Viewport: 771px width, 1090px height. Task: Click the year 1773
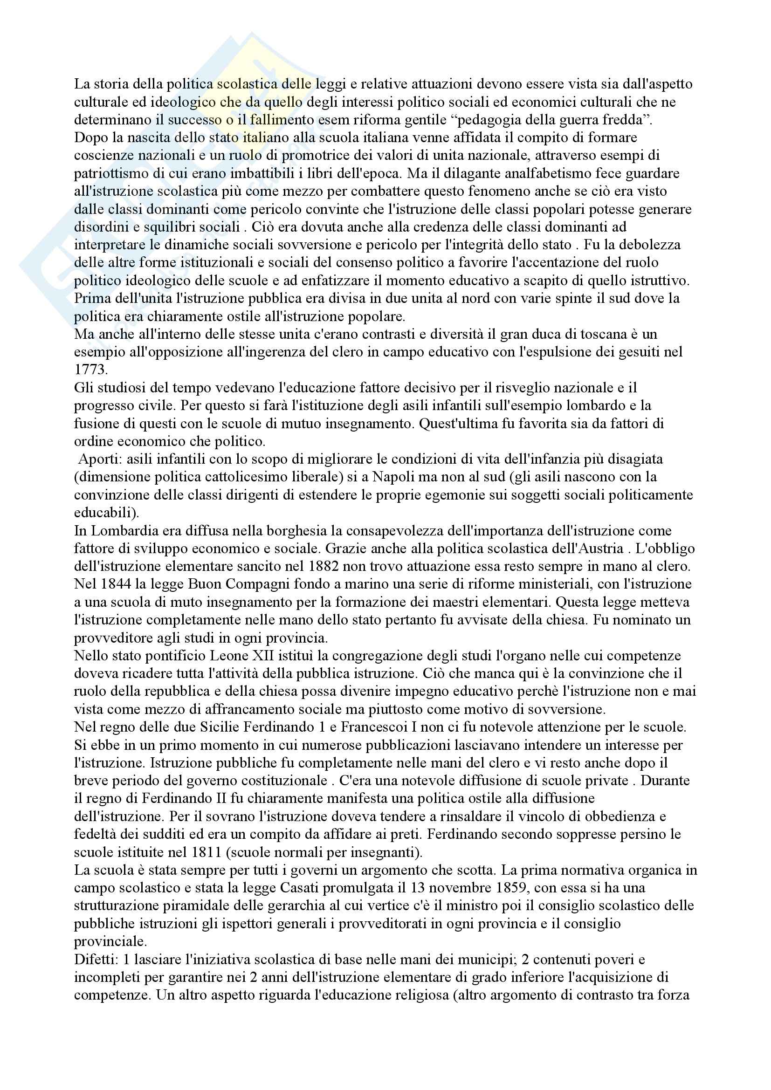coord(91,370)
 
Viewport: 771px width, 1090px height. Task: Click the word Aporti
coord(95,459)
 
